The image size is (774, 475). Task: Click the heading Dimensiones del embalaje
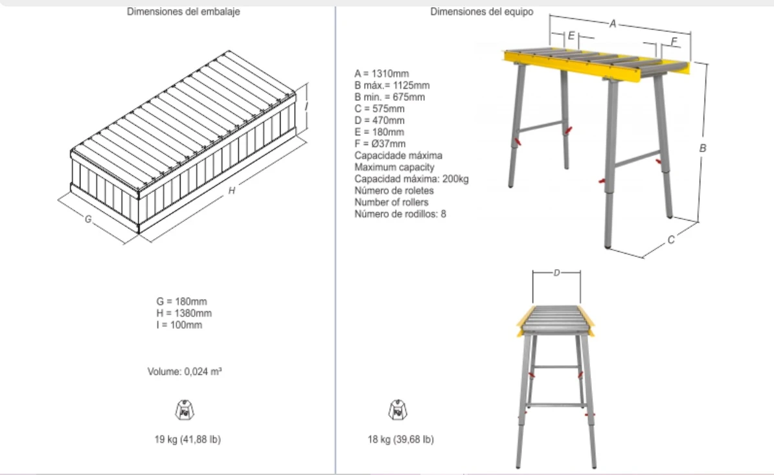[183, 12]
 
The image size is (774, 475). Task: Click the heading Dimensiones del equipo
[482, 12]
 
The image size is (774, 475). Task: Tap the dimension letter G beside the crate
[88, 219]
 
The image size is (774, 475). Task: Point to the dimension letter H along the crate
[231, 190]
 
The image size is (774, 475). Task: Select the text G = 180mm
[181, 302]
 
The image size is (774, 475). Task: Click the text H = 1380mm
[184, 313]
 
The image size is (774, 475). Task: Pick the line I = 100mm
[179, 325]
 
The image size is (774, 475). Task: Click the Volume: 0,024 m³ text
[185, 371]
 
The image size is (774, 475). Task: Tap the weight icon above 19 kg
[185, 410]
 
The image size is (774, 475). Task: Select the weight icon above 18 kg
[398, 410]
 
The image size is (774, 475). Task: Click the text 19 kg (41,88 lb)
[188, 439]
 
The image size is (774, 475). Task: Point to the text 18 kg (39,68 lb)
[401, 439]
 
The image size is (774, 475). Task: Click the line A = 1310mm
[381, 74]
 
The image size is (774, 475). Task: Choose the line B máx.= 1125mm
[392, 85]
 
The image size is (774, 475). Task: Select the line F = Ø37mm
[380, 144]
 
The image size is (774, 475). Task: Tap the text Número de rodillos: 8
[400, 214]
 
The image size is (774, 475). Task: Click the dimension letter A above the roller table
[613, 24]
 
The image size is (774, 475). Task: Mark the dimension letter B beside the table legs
[702, 148]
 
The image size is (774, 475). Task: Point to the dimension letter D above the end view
[557, 272]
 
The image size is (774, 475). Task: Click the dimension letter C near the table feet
[671, 240]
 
